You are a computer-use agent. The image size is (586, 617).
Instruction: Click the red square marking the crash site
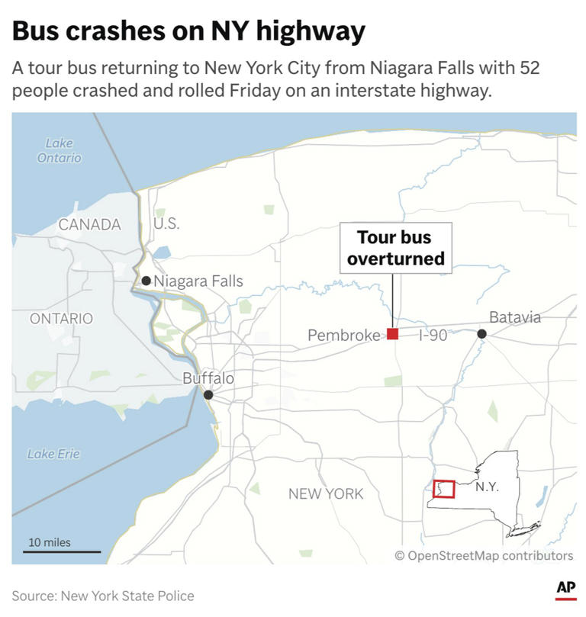point(392,334)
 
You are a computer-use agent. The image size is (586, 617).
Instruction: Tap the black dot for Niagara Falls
point(146,281)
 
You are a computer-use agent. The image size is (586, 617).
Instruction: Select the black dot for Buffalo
point(208,394)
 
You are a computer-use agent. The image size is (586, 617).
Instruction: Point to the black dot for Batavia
point(482,334)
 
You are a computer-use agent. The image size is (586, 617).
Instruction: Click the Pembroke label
point(343,335)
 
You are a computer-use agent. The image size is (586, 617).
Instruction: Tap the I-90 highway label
point(433,335)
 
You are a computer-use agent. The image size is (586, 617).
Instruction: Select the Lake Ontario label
point(59,150)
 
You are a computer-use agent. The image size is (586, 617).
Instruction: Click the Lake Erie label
point(53,454)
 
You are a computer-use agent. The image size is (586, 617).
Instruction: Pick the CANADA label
point(90,224)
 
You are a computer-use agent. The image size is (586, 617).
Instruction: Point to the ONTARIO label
point(61,319)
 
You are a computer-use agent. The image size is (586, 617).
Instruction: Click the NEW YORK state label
point(326,494)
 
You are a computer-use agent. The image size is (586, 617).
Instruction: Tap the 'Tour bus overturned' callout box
point(395,248)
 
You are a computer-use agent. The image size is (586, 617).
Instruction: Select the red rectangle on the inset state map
point(444,489)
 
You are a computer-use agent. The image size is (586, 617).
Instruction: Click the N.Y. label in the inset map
point(487,487)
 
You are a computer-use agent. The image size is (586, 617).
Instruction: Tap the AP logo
point(565,589)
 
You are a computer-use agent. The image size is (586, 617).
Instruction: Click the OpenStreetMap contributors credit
point(484,555)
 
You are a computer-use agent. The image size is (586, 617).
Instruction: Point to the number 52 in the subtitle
point(528,68)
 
